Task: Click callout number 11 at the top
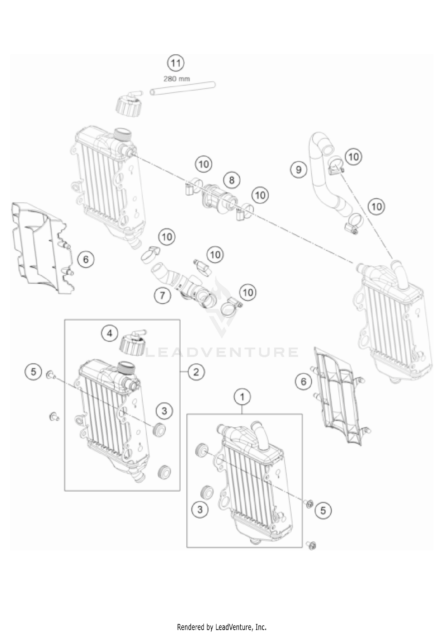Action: [176, 63]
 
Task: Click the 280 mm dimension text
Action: [177, 79]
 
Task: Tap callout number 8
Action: [232, 180]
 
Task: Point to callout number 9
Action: [299, 170]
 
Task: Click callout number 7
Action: [163, 295]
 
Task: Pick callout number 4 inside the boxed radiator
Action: [110, 334]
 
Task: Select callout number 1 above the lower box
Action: [242, 397]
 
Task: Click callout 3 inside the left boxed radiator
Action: [164, 411]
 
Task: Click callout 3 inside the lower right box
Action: [200, 510]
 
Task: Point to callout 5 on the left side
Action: [33, 372]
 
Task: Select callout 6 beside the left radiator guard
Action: [86, 260]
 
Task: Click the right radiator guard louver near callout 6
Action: [340, 400]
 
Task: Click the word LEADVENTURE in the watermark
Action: [222, 352]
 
